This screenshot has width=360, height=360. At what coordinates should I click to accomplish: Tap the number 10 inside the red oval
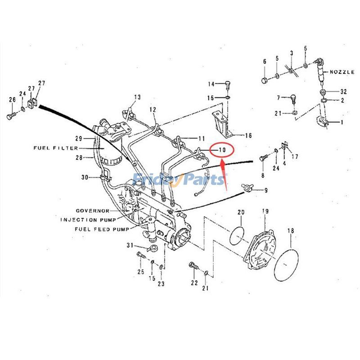click(x=221, y=149)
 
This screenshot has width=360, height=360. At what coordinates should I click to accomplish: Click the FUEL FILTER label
click(x=56, y=148)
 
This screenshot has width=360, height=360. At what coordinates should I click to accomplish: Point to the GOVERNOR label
click(x=92, y=211)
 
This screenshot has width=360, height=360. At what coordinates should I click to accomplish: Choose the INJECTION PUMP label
click(x=88, y=220)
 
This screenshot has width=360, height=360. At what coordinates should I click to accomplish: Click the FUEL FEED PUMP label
click(x=102, y=229)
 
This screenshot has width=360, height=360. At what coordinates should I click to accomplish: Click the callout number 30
click(x=85, y=177)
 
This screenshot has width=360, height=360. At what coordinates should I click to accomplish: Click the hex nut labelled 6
click(x=264, y=81)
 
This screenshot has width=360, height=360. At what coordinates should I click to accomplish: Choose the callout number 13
click(x=137, y=97)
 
